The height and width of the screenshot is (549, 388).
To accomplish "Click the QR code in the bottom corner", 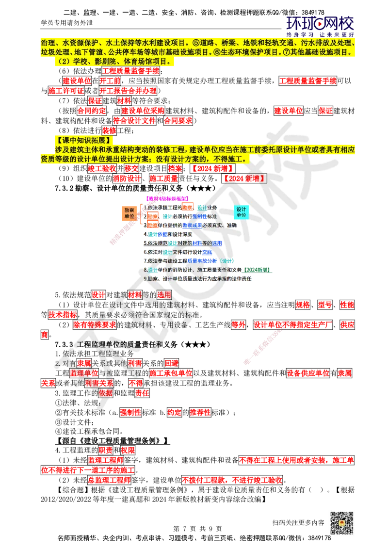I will click(341, 523).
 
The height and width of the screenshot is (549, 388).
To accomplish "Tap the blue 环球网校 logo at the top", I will click(320, 24).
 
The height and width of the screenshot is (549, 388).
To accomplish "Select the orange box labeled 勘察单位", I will click(129, 213).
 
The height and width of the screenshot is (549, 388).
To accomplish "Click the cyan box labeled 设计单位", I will click(241, 212).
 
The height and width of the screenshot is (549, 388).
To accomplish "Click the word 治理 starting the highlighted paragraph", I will click(48, 43).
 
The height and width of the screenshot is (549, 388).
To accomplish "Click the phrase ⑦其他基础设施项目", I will click(321, 52).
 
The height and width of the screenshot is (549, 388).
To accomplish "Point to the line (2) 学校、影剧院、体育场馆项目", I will click(114, 62).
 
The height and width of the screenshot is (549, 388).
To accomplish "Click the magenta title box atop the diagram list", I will click(167, 198).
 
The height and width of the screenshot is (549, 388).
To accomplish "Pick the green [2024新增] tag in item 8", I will click(258, 269).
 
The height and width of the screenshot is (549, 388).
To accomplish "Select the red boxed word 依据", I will click(106, 393).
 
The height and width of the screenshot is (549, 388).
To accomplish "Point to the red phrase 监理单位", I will click(83, 373).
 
